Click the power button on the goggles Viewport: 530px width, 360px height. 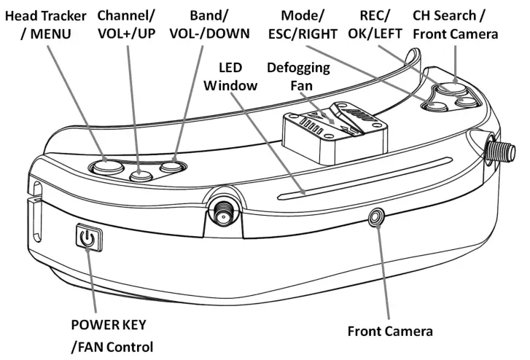click(x=87, y=238)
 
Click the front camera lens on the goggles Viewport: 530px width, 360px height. click(x=377, y=216)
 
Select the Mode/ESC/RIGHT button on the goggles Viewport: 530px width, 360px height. click(x=436, y=106)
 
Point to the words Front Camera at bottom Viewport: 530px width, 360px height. click(x=390, y=331)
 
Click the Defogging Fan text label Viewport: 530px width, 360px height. click(x=298, y=76)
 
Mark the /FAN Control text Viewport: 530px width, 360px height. click(x=112, y=345)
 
